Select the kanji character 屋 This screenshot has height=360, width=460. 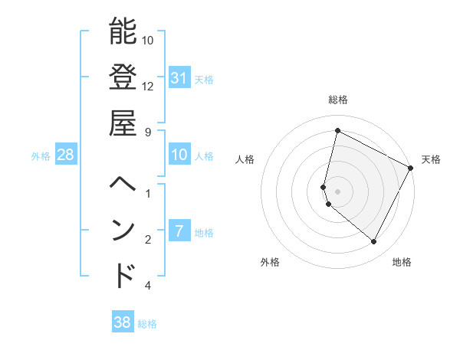(123, 122)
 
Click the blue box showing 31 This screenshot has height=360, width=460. (179, 77)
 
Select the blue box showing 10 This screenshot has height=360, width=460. (179, 155)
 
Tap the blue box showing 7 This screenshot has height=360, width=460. (179, 231)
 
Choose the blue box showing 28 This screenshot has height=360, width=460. (65, 155)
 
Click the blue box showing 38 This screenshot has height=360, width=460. (122, 322)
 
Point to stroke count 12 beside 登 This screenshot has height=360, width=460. (148, 85)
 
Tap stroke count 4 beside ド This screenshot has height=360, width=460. (148, 286)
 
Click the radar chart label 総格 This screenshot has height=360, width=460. (338, 100)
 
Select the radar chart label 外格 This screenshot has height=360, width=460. (270, 262)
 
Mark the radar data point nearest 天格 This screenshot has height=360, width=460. (411, 168)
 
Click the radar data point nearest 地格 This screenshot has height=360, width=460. (374, 242)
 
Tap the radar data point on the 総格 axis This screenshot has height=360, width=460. (337, 131)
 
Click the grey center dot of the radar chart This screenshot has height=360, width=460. (337, 191)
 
